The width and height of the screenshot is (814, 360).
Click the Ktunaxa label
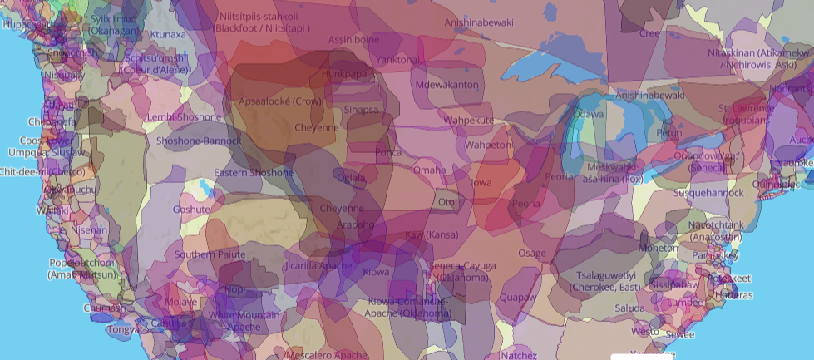(168, 34)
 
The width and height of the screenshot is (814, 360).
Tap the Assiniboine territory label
(353, 39)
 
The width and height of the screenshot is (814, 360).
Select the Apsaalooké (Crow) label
(279, 101)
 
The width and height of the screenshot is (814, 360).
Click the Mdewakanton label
(447, 85)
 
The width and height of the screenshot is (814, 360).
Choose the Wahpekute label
(468, 121)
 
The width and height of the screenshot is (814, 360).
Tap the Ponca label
(388, 153)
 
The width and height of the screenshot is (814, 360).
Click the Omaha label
(430, 170)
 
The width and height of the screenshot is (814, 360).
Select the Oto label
(447, 201)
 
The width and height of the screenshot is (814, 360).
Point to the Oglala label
(351, 177)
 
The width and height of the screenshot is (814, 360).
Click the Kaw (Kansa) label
(432, 235)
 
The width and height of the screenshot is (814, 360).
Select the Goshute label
(190, 210)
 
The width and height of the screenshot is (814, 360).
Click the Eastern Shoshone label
(254, 173)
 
